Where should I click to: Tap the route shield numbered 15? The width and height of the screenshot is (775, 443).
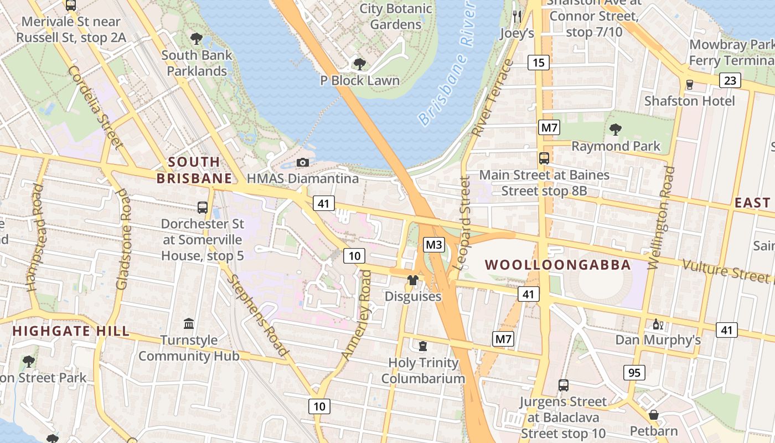point(539,63)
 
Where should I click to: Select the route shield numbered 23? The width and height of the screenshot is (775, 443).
point(730,81)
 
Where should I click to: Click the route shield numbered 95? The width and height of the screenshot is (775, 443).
point(634,373)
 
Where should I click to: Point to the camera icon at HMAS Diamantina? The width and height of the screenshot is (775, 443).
point(302,162)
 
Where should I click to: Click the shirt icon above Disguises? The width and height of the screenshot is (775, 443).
point(413,280)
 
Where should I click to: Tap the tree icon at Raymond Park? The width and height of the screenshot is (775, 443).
point(615,130)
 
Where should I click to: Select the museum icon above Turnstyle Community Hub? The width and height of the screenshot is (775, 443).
point(189,323)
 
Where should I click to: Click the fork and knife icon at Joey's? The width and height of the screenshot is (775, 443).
point(517,16)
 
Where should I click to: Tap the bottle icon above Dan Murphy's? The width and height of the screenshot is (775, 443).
point(658,324)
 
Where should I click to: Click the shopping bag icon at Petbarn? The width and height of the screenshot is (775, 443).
point(653,415)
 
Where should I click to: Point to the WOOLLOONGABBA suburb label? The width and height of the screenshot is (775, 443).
point(558,265)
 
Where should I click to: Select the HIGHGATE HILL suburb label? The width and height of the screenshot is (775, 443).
point(71,331)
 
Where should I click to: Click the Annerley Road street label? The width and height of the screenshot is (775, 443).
point(357,314)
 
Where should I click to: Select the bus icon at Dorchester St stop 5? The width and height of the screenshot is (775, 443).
point(203,208)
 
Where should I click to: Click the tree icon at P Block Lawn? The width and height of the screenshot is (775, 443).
point(359,64)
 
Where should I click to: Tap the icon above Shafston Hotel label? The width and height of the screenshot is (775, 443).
point(689,85)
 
